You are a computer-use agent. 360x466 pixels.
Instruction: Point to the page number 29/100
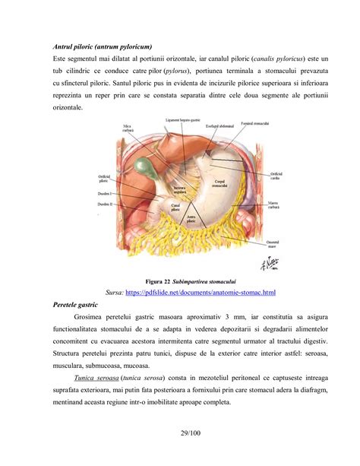pos(180,435)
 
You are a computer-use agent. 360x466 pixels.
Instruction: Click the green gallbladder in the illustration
pos(141,164)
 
